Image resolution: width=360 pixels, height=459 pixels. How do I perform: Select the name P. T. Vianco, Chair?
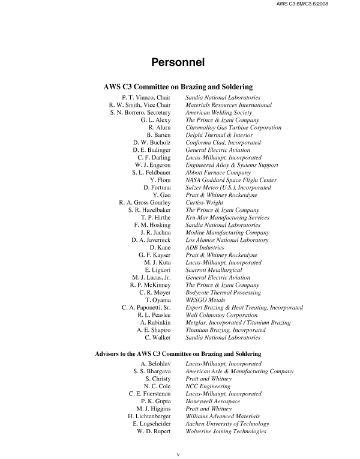[146, 97]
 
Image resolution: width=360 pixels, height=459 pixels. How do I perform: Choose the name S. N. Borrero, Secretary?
[141, 112]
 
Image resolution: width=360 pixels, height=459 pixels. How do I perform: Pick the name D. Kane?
[160, 248]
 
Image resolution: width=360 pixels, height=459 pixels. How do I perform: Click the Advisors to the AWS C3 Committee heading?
[178, 354]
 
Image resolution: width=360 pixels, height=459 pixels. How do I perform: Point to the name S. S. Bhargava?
[152, 371]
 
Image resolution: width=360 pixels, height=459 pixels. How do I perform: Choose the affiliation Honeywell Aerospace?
[213, 401]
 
